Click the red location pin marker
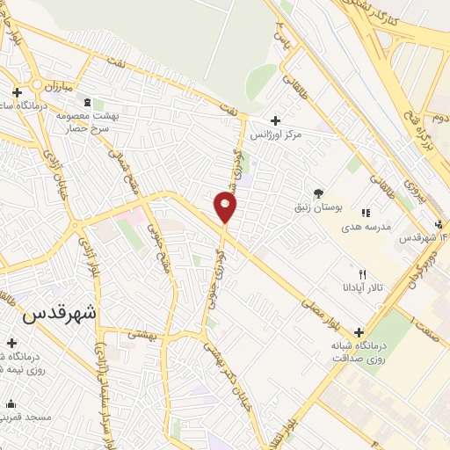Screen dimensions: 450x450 point(226,207)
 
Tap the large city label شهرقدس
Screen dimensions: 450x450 point(62,313)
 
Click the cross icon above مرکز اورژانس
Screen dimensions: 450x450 point(275,120)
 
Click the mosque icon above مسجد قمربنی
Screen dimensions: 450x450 point(11,404)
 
